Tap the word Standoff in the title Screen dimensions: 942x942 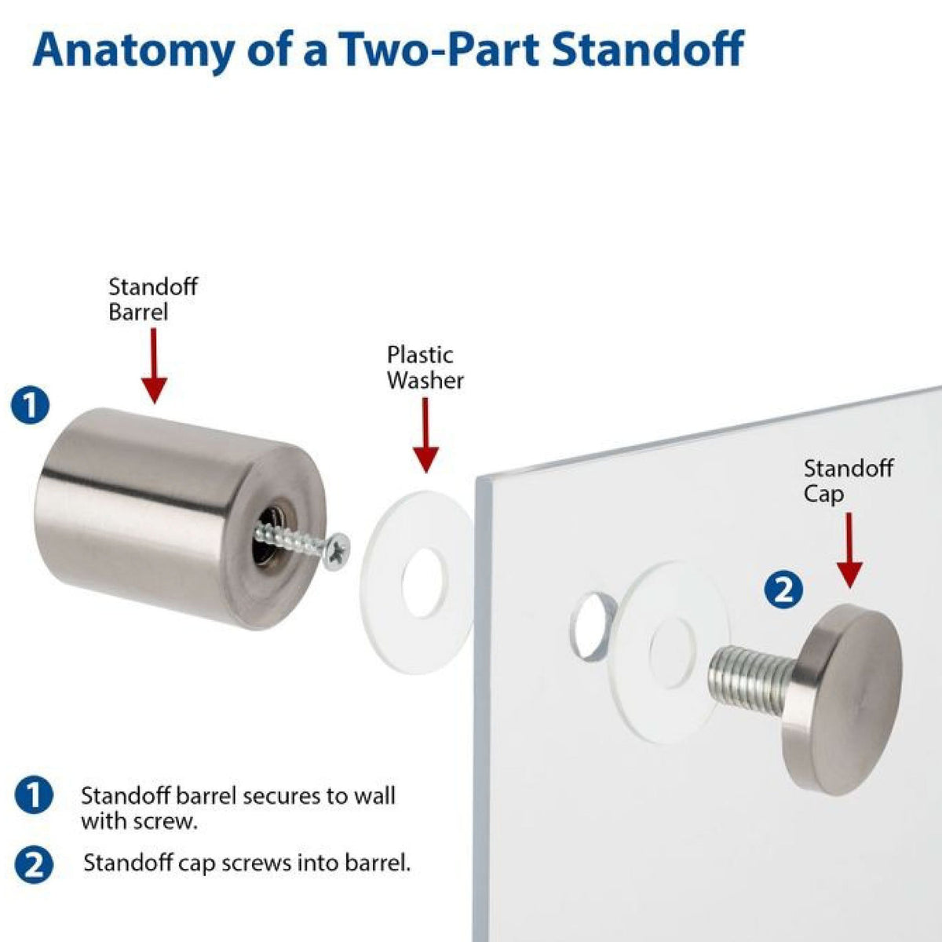click(x=648, y=49)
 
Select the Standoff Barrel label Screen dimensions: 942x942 click(x=152, y=299)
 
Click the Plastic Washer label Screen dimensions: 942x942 click(x=425, y=367)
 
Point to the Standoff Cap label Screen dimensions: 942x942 click(x=848, y=481)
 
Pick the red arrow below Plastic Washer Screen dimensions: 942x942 click(x=425, y=435)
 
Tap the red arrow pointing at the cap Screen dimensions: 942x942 click(x=849, y=550)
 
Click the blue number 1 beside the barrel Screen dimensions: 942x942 click(x=31, y=406)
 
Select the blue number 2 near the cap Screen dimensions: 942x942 click(x=783, y=591)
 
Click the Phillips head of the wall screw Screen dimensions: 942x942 click(x=338, y=552)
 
